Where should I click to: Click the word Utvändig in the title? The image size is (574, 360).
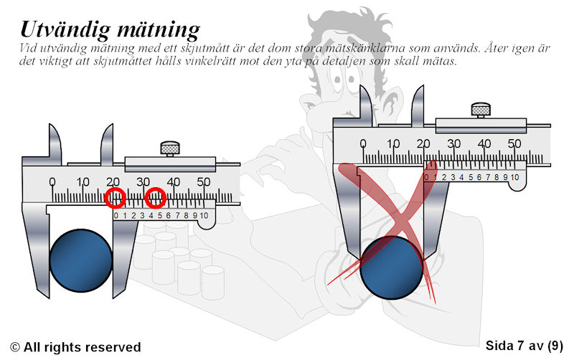pyautogui.click(x=65, y=29)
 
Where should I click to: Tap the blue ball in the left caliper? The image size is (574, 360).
pyautogui.click(x=81, y=260)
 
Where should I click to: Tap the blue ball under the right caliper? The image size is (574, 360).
pyautogui.click(x=391, y=267)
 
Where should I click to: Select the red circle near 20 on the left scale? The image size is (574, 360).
pyautogui.click(x=116, y=198)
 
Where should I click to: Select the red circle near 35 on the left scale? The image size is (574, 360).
pyautogui.click(x=156, y=198)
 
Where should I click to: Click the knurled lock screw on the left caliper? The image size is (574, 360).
pyautogui.click(x=170, y=148)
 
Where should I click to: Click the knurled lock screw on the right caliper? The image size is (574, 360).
pyautogui.click(x=481, y=110)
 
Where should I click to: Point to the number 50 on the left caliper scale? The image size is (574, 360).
pyautogui.click(x=204, y=182)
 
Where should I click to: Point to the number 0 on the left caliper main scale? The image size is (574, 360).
pyautogui.click(x=52, y=182)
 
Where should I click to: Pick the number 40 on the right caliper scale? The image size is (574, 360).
pyautogui.click(x=484, y=143)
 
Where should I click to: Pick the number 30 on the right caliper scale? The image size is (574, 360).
pyautogui.click(x=453, y=143)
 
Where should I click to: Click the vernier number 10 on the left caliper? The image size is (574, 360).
pyautogui.click(x=204, y=215)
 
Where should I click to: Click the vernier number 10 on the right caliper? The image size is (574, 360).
pyautogui.click(x=514, y=177)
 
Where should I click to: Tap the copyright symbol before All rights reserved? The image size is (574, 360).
pyautogui.click(x=15, y=347)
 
